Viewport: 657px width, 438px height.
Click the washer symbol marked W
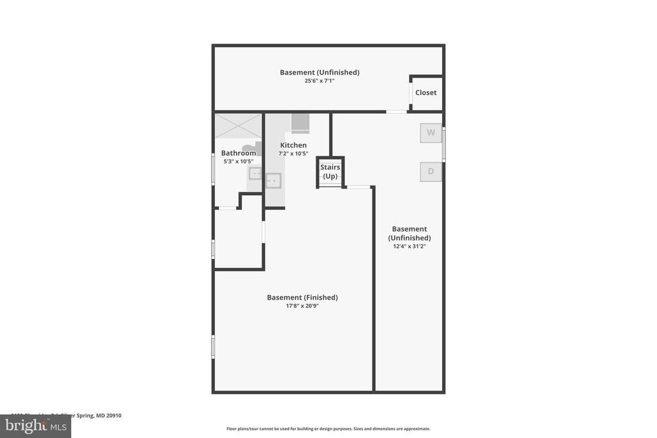click(x=431, y=133)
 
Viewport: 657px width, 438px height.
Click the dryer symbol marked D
click(x=431, y=171)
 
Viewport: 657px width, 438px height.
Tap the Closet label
click(x=425, y=92)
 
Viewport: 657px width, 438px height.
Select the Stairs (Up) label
click(x=330, y=171)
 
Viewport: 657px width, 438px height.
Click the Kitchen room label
click(x=293, y=145)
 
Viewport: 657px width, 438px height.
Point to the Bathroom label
click(x=238, y=153)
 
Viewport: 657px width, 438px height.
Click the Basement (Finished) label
click(x=302, y=297)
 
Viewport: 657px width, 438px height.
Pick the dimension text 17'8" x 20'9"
click(x=302, y=307)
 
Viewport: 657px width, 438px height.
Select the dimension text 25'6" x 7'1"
click(x=320, y=81)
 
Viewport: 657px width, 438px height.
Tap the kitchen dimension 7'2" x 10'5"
click(x=293, y=154)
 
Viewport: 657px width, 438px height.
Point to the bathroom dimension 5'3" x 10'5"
click(x=237, y=162)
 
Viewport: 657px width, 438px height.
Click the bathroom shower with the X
click(x=238, y=126)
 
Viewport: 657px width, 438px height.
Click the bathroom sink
click(x=255, y=173)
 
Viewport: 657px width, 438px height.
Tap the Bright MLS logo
click(x=35, y=426)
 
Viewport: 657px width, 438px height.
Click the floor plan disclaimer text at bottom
click(x=328, y=428)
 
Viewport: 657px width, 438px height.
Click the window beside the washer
click(x=443, y=144)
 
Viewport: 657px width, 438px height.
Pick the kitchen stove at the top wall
click(x=300, y=122)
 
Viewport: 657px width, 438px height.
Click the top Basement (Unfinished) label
click(x=320, y=72)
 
